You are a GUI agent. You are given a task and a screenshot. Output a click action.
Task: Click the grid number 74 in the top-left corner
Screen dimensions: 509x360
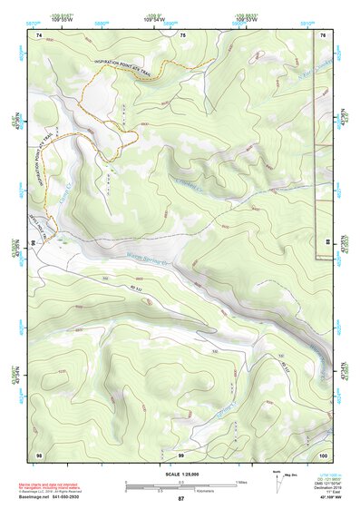(39, 34)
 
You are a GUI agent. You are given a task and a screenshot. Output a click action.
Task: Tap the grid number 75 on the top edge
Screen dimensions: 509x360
(182, 34)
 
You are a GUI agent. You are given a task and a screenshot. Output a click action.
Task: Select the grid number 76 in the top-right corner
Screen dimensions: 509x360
(323, 34)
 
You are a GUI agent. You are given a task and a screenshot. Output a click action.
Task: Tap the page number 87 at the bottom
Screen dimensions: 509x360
(180, 500)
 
